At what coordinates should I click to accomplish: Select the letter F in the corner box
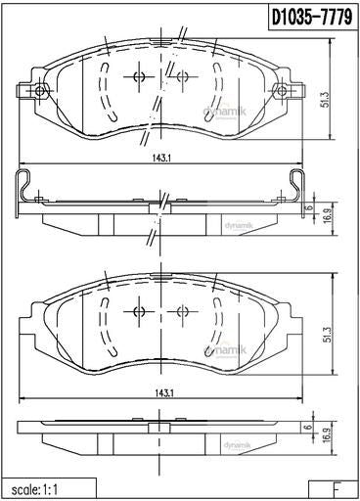point(337,487)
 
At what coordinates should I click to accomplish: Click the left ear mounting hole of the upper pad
point(40,92)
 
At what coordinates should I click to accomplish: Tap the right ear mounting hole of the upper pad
point(283,92)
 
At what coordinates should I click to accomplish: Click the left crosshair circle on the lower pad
point(138,312)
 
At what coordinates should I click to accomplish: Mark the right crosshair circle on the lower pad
point(181,312)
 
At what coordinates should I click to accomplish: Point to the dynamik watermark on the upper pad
point(212,114)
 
